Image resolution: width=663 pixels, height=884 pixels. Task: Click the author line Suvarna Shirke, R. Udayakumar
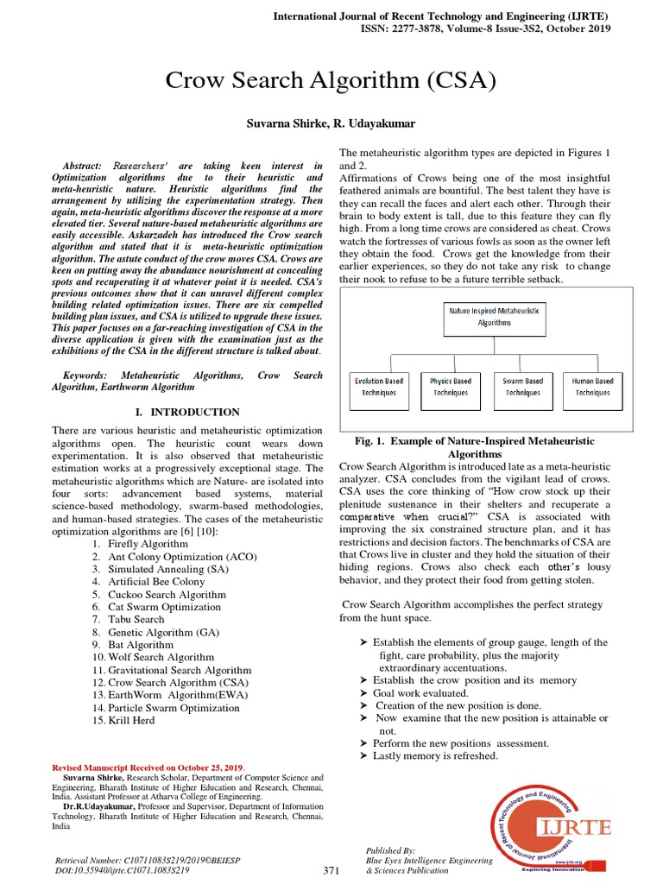click(x=331, y=125)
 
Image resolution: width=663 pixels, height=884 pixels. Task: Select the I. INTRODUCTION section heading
click(x=187, y=413)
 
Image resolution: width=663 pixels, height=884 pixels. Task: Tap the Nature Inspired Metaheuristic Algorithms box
click(x=495, y=316)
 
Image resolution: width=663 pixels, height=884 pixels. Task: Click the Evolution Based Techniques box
click(x=379, y=387)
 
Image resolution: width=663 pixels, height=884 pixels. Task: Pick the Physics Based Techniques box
click(x=451, y=387)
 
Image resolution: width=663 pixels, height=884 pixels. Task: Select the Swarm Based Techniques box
click(x=522, y=387)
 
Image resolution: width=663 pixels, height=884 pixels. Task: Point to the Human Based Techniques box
click(x=592, y=387)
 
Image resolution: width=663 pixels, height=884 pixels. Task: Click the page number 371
click(x=331, y=870)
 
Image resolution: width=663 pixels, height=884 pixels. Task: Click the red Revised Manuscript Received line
click(x=148, y=767)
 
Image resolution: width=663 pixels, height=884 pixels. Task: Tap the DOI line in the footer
click(x=123, y=870)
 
